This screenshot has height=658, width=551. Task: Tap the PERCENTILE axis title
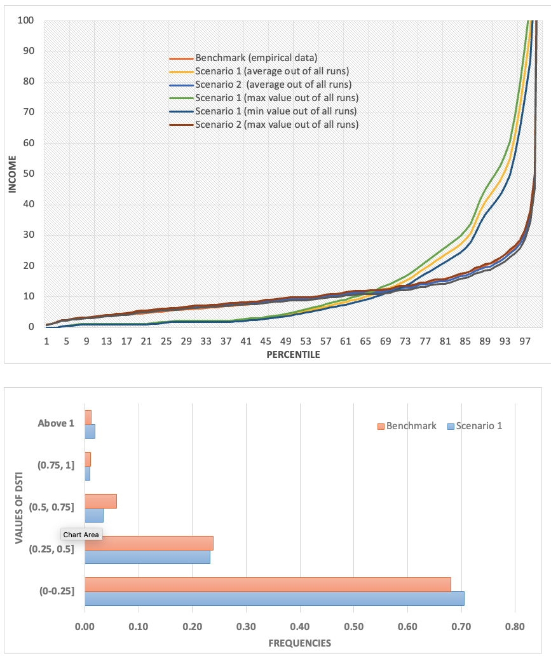[x=293, y=355]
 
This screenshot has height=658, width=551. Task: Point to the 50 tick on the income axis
[x=29, y=174]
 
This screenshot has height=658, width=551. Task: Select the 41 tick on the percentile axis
[x=245, y=341]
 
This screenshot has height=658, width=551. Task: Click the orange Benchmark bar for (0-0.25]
[x=267, y=584]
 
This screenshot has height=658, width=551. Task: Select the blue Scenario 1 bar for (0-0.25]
[x=274, y=598]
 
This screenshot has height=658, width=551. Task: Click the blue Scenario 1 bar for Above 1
[x=90, y=431]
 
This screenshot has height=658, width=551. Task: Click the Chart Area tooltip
[x=81, y=535]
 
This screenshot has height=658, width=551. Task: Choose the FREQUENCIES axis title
[x=299, y=643]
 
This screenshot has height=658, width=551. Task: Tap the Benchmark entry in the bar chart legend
[x=407, y=426]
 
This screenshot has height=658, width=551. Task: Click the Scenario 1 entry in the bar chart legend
[x=475, y=426]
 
